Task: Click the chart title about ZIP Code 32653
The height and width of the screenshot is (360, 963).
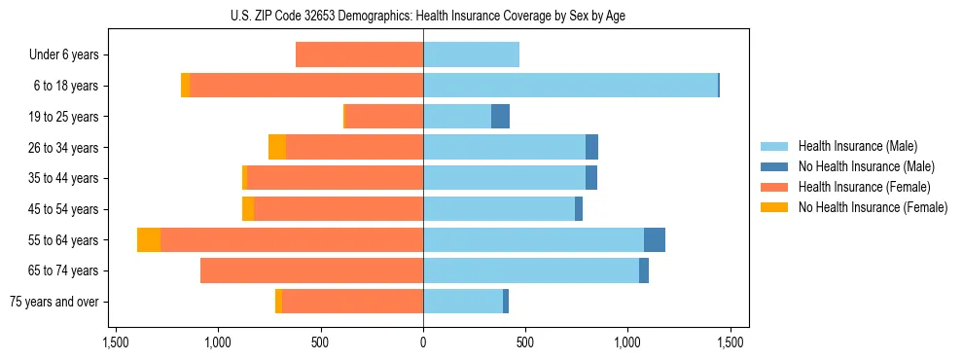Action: click(422, 16)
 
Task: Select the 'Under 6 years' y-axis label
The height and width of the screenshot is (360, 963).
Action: click(63, 55)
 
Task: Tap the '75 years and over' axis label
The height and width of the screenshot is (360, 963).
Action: click(53, 302)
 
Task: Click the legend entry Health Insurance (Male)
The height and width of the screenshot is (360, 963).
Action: click(857, 146)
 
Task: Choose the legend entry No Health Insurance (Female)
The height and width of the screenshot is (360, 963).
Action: click(873, 207)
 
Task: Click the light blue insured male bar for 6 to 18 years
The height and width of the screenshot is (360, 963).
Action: click(570, 86)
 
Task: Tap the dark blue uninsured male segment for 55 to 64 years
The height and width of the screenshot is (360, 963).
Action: click(655, 239)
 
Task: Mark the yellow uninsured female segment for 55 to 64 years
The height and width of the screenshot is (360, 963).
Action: click(149, 239)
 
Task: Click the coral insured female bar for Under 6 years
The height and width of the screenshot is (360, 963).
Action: click(359, 55)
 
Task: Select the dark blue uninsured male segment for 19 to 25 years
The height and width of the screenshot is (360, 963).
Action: click(500, 117)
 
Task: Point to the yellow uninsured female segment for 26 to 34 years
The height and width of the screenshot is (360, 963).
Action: click(277, 147)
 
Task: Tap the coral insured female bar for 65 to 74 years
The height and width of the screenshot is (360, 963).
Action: click(311, 270)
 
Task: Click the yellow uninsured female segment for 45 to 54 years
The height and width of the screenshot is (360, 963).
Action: click(248, 209)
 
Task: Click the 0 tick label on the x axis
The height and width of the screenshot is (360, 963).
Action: click(422, 342)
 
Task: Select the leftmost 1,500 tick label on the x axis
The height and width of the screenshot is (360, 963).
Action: click(115, 342)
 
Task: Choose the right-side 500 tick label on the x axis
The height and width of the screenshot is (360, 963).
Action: click(525, 342)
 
